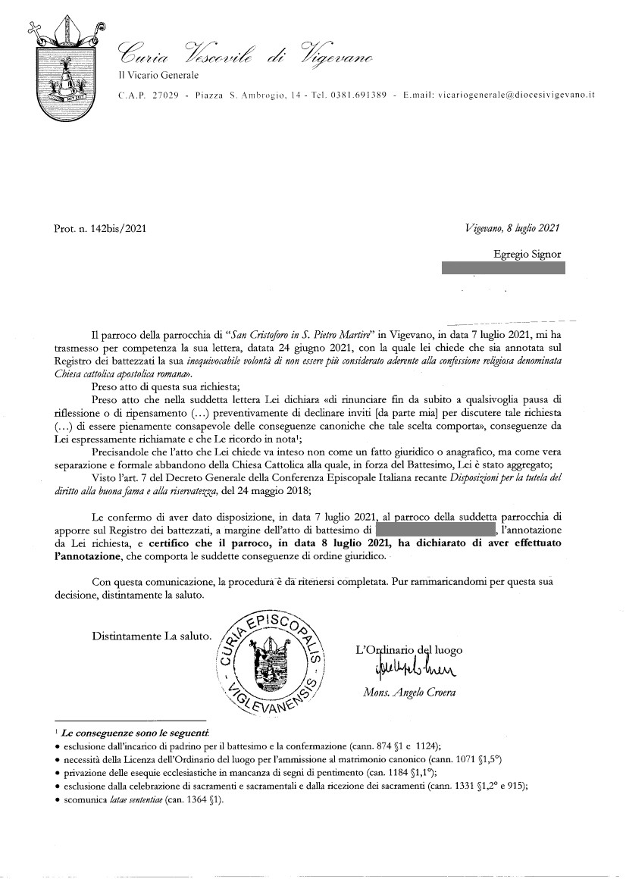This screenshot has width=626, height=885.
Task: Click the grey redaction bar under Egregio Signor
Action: click(503, 268)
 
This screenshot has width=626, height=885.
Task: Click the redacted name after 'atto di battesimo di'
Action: click(434, 530)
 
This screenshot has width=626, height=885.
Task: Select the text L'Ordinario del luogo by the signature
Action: click(409, 650)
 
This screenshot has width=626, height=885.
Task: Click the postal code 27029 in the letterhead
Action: click(164, 95)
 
